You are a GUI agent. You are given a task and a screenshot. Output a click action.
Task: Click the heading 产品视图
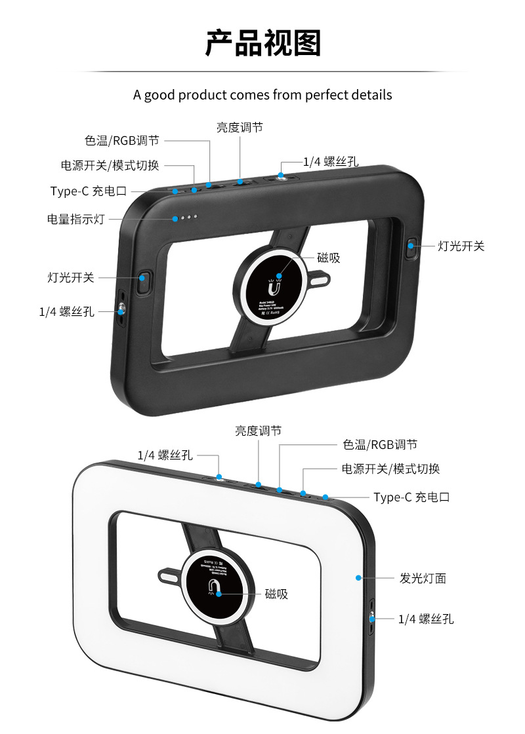click(262, 43)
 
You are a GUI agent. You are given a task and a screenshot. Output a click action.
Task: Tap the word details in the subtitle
click(373, 95)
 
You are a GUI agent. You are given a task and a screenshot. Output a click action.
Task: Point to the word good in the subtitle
click(161, 95)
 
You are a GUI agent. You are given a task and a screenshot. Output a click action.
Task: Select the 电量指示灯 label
click(75, 219)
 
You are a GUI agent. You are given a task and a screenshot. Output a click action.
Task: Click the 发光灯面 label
click(423, 578)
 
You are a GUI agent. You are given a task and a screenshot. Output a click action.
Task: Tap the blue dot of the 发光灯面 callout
click(358, 578)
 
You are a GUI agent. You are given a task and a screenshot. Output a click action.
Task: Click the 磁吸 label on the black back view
click(329, 258)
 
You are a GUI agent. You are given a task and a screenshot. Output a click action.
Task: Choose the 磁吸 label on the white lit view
click(276, 594)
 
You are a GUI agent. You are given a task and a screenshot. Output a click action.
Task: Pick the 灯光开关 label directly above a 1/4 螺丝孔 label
click(71, 277)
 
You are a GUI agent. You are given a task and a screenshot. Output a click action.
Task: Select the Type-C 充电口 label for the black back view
click(88, 191)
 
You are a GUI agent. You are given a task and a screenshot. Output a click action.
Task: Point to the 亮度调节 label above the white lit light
click(259, 431)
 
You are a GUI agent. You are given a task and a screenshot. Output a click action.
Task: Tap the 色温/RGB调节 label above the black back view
click(121, 140)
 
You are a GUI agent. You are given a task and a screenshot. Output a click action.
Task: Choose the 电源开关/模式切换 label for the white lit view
click(390, 469)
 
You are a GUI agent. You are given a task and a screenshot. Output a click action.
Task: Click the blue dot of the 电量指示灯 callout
click(175, 218)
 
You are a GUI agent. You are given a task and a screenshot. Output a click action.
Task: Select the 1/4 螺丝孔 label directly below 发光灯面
click(426, 619)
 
